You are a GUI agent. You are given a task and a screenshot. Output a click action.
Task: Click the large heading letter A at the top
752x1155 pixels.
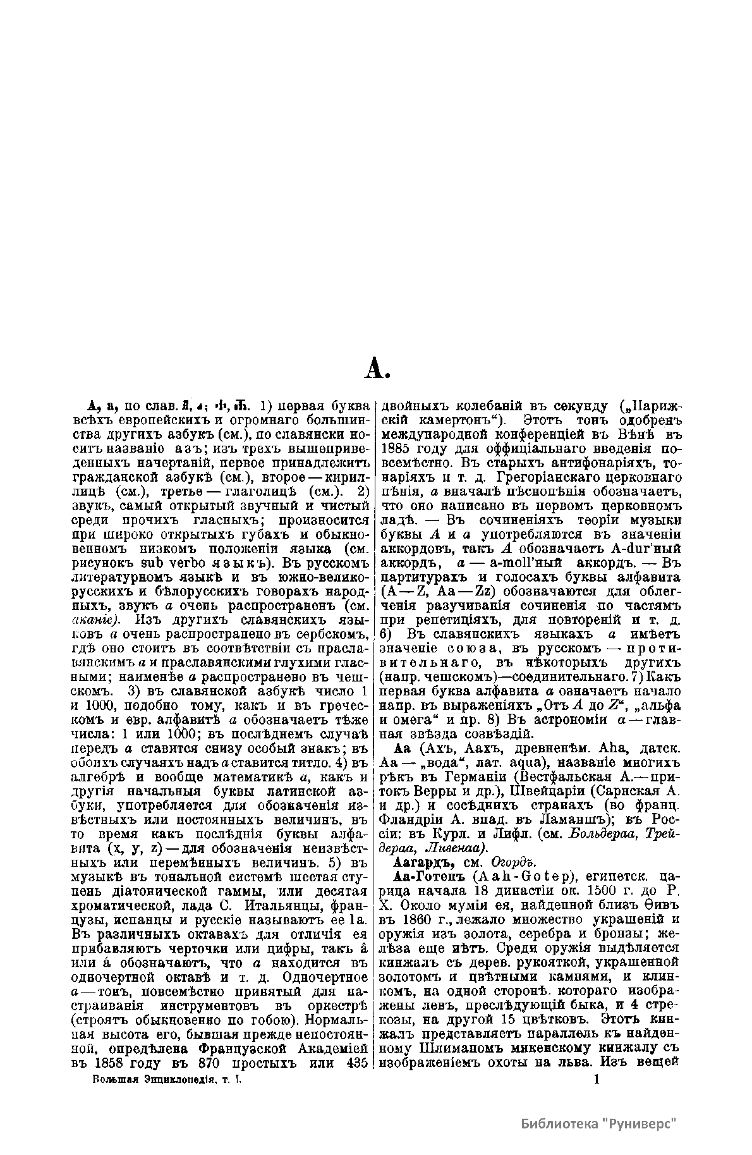379,368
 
